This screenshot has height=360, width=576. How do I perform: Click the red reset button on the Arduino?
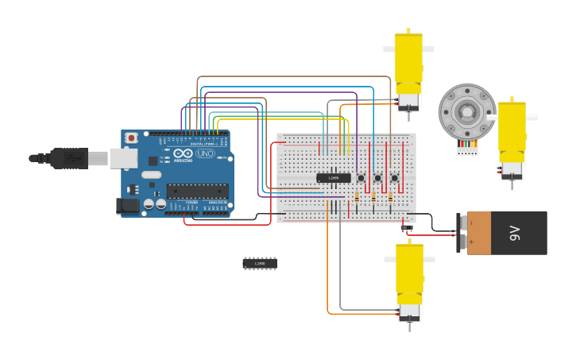click(132, 138)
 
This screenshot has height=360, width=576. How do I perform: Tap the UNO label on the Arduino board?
click(205, 153)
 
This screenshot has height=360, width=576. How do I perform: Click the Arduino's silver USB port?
click(123, 159)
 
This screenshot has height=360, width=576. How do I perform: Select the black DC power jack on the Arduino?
click(127, 206)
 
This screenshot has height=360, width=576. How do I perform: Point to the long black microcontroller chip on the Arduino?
click(197, 191)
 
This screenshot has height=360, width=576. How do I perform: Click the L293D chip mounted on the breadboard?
click(333, 178)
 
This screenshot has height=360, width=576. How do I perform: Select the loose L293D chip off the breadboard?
click(260, 263)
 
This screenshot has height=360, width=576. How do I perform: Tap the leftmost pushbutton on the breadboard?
click(361, 178)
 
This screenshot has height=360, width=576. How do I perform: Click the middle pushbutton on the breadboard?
click(377, 178)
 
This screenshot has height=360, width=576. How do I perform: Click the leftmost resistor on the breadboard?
click(357, 196)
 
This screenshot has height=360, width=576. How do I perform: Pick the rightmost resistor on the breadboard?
click(390, 196)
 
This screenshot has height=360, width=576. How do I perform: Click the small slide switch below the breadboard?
click(407, 228)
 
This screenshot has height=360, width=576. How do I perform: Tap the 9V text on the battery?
click(515, 233)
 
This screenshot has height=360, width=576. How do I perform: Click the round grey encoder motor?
click(467, 112)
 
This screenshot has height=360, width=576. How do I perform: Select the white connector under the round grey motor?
click(467, 149)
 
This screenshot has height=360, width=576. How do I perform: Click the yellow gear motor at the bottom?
click(410, 282)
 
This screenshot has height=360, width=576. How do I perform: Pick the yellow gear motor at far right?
click(512, 139)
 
